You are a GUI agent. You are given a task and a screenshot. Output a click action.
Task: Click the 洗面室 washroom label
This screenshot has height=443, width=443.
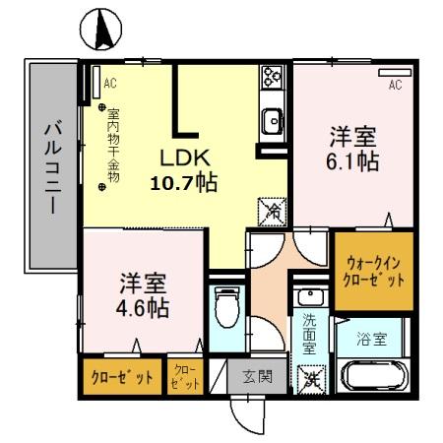pos(309,334)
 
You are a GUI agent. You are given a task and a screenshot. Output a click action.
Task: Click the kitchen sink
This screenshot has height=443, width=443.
pos(273,122)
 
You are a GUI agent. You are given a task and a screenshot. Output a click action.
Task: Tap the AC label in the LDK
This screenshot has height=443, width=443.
pos(110,82)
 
